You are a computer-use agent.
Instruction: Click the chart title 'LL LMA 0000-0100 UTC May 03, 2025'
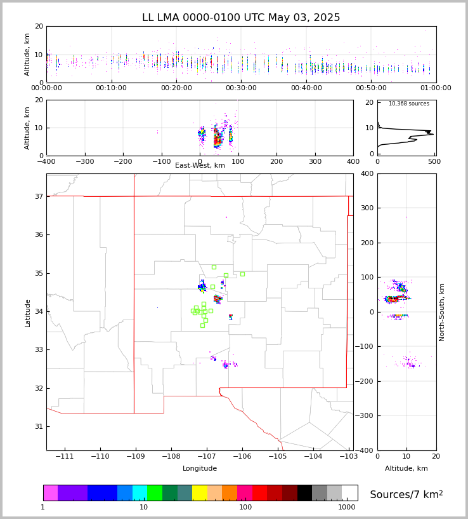241,18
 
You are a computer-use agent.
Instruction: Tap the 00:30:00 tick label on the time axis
242,88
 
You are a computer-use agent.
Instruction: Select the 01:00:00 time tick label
436,88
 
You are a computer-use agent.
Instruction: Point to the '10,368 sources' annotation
408,104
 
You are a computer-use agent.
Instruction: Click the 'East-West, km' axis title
200,166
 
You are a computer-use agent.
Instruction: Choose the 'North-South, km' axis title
442,312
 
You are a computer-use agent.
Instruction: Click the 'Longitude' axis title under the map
200,469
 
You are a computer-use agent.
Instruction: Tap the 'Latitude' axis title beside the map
28,313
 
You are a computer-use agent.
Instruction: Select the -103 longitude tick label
348,457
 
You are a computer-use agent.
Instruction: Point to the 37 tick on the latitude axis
39,197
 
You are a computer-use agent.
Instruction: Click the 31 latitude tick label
39,427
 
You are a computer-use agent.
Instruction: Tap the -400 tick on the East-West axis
46,162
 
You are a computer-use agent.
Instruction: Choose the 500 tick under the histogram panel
434,162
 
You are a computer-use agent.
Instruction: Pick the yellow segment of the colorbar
199,493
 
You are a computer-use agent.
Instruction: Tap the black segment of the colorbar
304,493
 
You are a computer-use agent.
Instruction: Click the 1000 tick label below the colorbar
346,508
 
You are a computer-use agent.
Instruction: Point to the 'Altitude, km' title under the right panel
406,469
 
